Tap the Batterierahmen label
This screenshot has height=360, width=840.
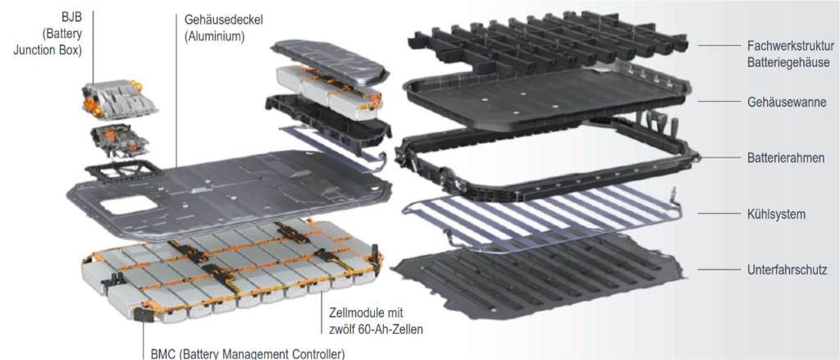785,158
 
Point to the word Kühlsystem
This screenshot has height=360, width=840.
776,214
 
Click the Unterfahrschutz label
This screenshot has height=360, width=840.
787,271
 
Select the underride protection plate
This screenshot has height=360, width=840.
538,276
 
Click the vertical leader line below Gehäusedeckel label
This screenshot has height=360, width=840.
176,91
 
